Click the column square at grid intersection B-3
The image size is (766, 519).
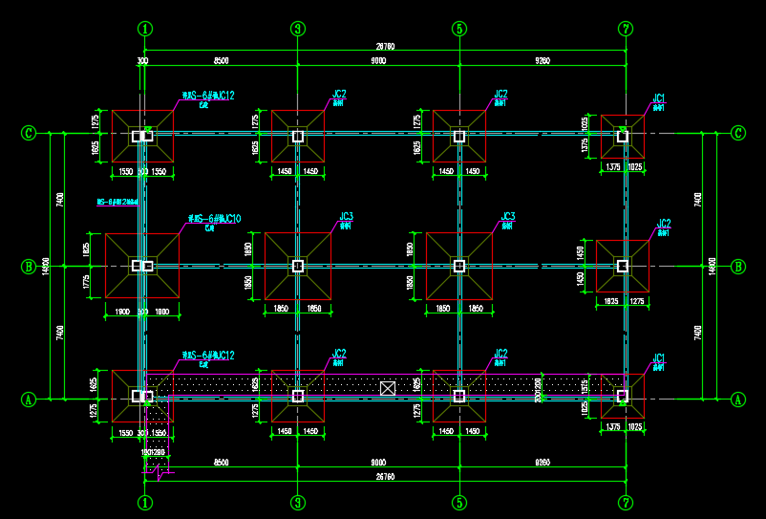coord(298,266)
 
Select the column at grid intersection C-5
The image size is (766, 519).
coord(459,137)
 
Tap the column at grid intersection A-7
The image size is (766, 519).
coord(623,394)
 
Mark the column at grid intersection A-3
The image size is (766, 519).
coord(298,395)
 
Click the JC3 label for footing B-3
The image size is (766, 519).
coord(346,216)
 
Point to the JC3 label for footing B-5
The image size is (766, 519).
coord(508,216)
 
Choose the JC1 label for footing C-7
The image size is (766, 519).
coord(659,97)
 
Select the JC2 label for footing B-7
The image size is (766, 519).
coord(664,224)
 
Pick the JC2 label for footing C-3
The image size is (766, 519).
coord(339,94)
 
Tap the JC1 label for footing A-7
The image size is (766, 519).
coord(659,357)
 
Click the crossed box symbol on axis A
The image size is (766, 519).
coord(387,388)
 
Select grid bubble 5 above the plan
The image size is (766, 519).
coord(459,29)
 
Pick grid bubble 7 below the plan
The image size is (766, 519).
coord(626,502)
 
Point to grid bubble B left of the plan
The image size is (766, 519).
coord(28,267)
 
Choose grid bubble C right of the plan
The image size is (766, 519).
coord(738,132)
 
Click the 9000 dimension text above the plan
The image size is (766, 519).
coord(378,61)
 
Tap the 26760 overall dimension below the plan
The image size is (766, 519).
coord(385,475)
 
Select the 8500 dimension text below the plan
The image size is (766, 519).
coord(221,462)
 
